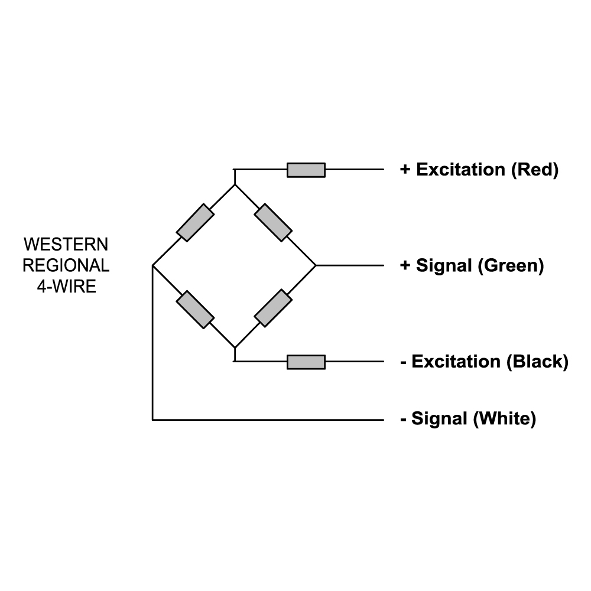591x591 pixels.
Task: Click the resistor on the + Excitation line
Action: pyautogui.click(x=306, y=170)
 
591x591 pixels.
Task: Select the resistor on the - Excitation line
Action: pyautogui.click(x=306, y=362)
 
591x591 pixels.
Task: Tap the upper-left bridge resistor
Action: pyautogui.click(x=195, y=223)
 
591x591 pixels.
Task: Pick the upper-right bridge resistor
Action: pyautogui.click(x=273, y=222)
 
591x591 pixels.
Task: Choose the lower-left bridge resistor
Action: pyautogui.click(x=195, y=309)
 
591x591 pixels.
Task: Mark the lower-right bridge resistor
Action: pyautogui.click(x=273, y=308)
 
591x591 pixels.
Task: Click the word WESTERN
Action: pyautogui.click(x=66, y=244)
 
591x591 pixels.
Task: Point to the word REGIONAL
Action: pyautogui.click(x=66, y=266)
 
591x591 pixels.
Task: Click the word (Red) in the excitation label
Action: pyautogui.click(x=534, y=170)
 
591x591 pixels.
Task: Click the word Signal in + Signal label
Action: pyautogui.click(x=444, y=265)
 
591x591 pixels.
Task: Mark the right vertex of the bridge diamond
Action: pyautogui.click(x=316, y=265)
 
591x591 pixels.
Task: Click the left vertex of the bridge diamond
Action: pyautogui.click(x=152, y=266)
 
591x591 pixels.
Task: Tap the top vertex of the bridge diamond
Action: pyautogui.click(x=235, y=184)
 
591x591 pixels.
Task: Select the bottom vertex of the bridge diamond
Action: pyautogui.click(x=235, y=347)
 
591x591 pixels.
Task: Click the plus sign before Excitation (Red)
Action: pyautogui.click(x=405, y=170)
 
